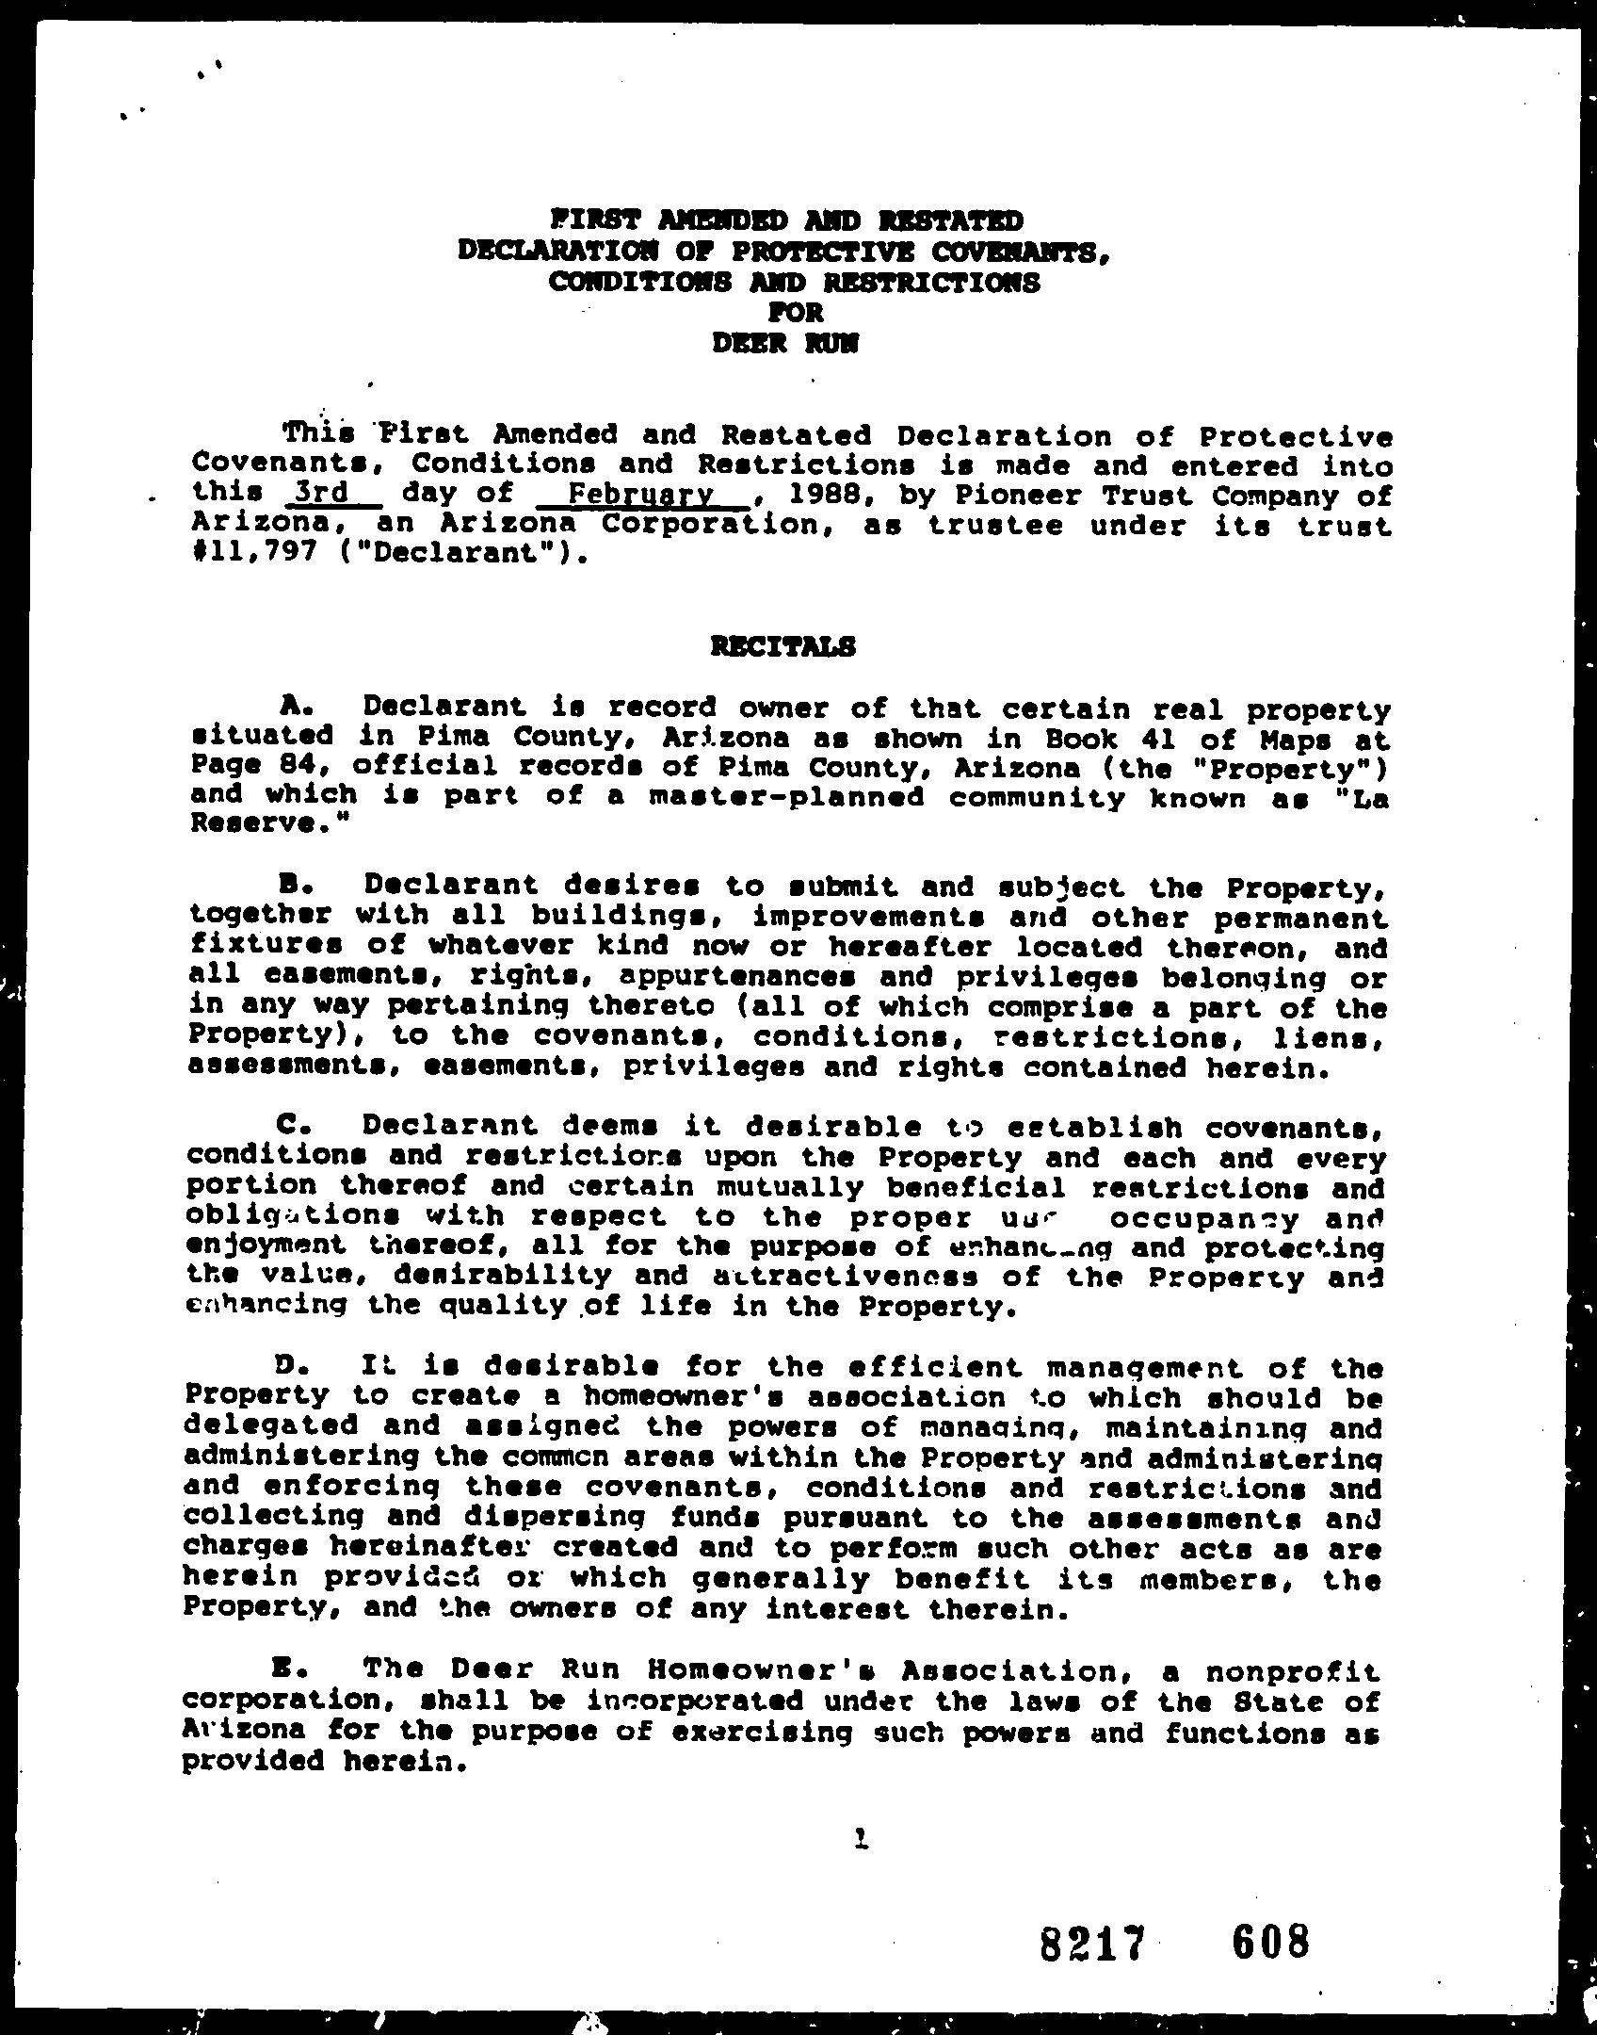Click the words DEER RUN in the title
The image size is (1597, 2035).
click(x=785, y=345)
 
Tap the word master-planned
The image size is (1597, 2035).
click(x=787, y=798)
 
